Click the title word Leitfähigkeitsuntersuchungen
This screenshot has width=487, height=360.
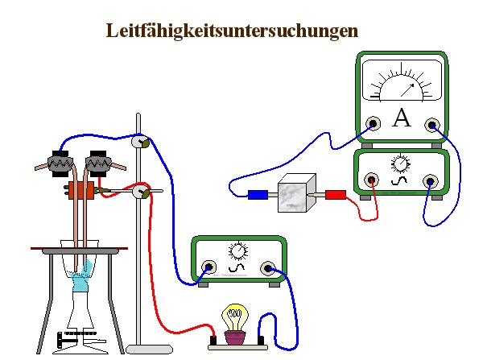tap(232, 31)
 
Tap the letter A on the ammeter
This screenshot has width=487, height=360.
tap(401, 120)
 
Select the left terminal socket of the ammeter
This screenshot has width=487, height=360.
tap(373, 123)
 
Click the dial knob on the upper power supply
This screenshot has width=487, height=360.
tap(400, 164)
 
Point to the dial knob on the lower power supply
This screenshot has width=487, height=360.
tap(238, 250)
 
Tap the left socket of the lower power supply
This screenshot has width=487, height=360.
tap(209, 268)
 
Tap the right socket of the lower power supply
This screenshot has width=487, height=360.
tap(268, 268)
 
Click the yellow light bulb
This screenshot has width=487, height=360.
tap(235, 316)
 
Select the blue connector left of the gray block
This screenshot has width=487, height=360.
tap(258, 194)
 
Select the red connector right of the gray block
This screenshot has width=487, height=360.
tap(336, 194)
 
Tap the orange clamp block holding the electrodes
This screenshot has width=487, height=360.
tap(81, 192)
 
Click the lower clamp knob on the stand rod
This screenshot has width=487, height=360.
tap(141, 192)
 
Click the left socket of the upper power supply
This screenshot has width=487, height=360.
tap(372, 180)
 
